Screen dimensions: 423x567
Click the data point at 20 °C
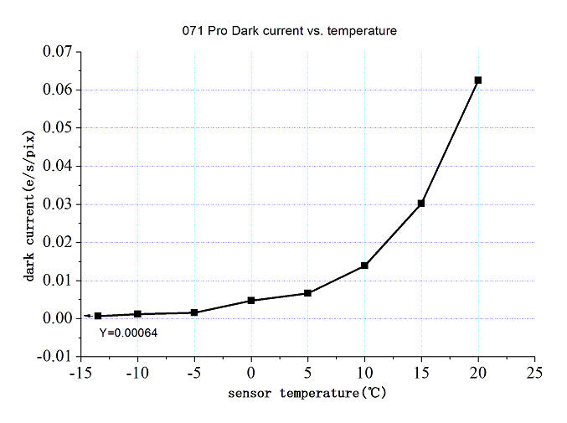pyautogui.click(x=478, y=80)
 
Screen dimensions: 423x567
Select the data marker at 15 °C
pyautogui.click(x=421, y=204)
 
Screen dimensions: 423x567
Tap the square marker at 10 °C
pyautogui.click(x=364, y=266)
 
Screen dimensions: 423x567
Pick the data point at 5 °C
pyautogui.click(x=308, y=293)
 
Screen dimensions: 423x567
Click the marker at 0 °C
pyautogui.click(x=251, y=300)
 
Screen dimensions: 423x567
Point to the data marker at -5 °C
pyautogui.click(x=194, y=312)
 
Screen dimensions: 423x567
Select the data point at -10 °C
pyautogui.click(x=138, y=314)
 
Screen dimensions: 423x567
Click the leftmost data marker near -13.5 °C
pyautogui.click(x=98, y=316)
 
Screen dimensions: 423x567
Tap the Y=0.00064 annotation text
pyautogui.click(x=128, y=333)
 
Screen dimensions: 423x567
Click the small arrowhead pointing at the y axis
pyautogui.click(x=86, y=316)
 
